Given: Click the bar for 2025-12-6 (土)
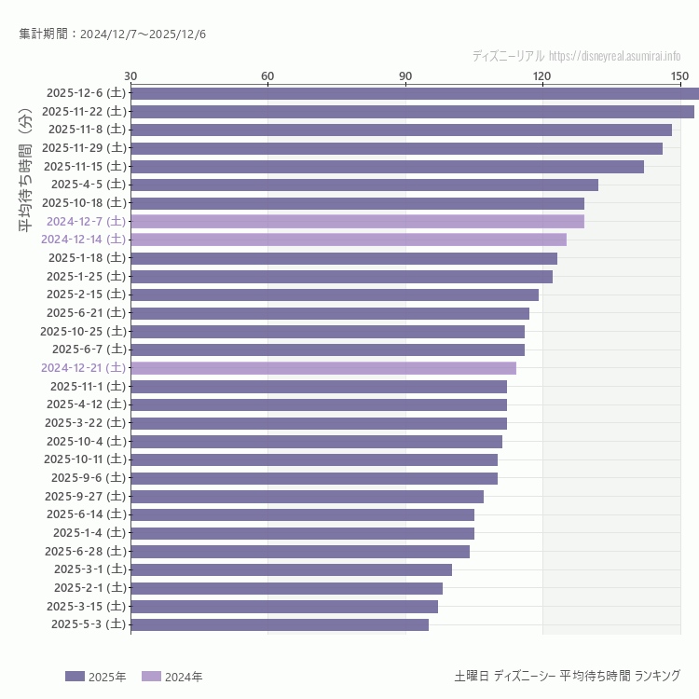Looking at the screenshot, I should [x=415, y=93].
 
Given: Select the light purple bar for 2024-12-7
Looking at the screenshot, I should [x=358, y=222].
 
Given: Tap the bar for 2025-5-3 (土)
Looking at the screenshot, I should [x=280, y=625].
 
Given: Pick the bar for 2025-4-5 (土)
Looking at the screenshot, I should [x=364, y=185].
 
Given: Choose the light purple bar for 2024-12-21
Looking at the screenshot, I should [x=323, y=368].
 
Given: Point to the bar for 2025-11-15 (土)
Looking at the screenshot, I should [x=388, y=167].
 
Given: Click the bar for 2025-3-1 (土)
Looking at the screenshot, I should [x=292, y=569].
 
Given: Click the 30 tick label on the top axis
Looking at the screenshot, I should [x=130, y=75].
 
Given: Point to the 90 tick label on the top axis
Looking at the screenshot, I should [x=405, y=75].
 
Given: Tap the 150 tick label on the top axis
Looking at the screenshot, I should [x=679, y=75].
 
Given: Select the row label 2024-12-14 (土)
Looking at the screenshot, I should [x=83, y=240].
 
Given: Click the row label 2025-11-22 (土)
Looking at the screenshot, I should [x=83, y=112].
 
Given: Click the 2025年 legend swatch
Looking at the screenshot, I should [x=75, y=677].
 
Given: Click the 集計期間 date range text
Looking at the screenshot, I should [x=113, y=34].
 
